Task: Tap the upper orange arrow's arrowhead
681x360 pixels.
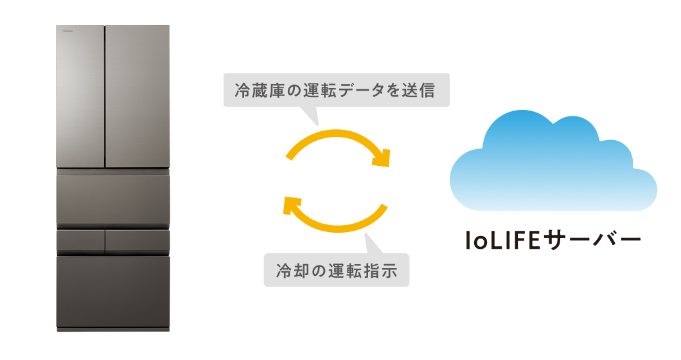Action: coord(382,157)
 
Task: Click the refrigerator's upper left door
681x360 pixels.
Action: coord(80,96)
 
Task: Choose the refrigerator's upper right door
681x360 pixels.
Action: coord(137,96)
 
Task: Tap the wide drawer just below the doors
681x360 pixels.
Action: coord(113,199)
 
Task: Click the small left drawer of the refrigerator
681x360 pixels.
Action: coord(80,241)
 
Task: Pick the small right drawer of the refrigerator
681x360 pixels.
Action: coord(137,241)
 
